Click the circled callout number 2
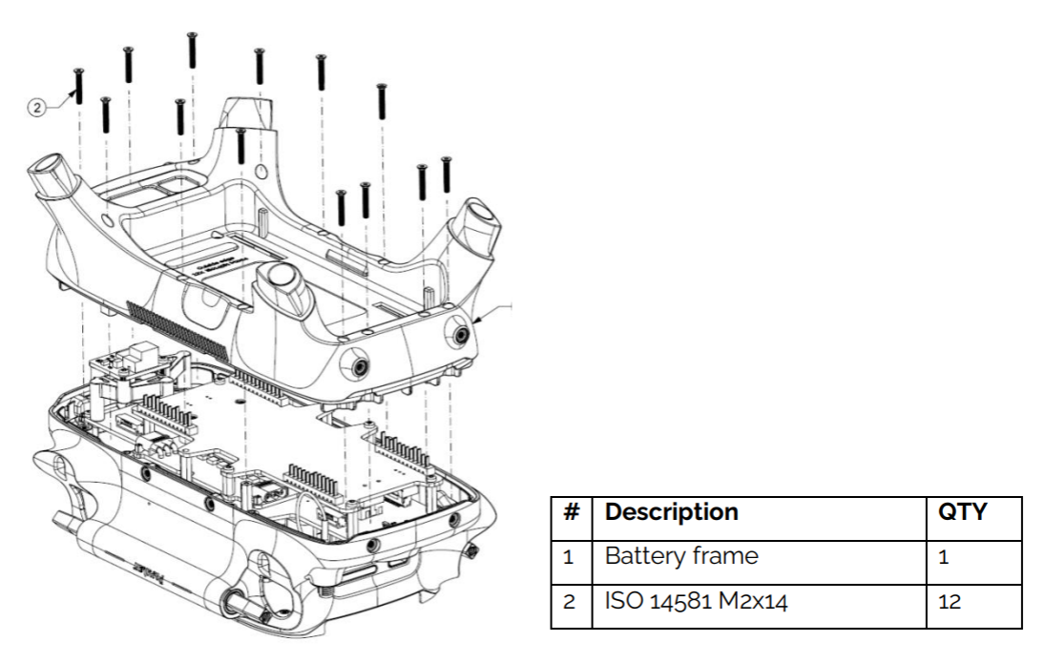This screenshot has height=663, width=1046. click(x=36, y=108)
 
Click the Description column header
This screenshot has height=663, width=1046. click(x=671, y=512)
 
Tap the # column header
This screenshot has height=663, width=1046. click(x=572, y=512)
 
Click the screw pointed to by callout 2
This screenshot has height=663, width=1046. click(x=79, y=87)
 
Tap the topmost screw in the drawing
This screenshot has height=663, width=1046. click(x=192, y=50)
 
